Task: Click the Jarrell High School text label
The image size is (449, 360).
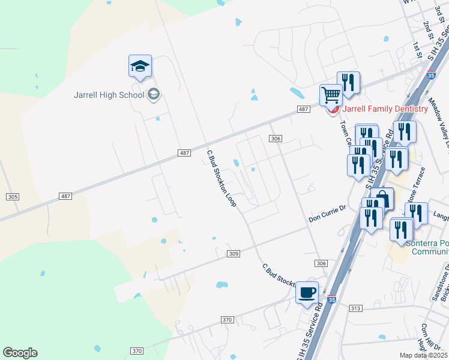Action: click(x=109, y=95)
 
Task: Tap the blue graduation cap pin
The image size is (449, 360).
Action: click(x=140, y=67)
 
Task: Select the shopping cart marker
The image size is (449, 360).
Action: click(x=331, y=95)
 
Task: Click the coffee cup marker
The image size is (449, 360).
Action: click(x=307, y=293)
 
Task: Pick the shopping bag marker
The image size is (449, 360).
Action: click(x=382, y=199)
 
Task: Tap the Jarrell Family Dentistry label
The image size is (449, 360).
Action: click(x=385, y=109)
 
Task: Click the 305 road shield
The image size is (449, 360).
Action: click(x=13, y=197)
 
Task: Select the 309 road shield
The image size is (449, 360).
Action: click(x=234, y=254)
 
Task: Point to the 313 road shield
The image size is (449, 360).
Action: click(x=355, y=308)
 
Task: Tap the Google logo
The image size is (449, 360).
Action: click(x=20, y=353)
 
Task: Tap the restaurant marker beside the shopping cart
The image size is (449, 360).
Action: click(x=348, y=82)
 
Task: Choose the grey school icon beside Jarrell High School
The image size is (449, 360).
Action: click(x=154, y=94)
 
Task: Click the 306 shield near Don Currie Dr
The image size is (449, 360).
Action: click(x=321, y=264)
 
